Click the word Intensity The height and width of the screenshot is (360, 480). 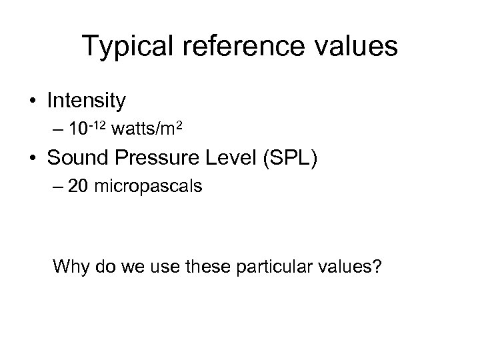86,101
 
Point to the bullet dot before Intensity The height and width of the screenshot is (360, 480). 33,101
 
